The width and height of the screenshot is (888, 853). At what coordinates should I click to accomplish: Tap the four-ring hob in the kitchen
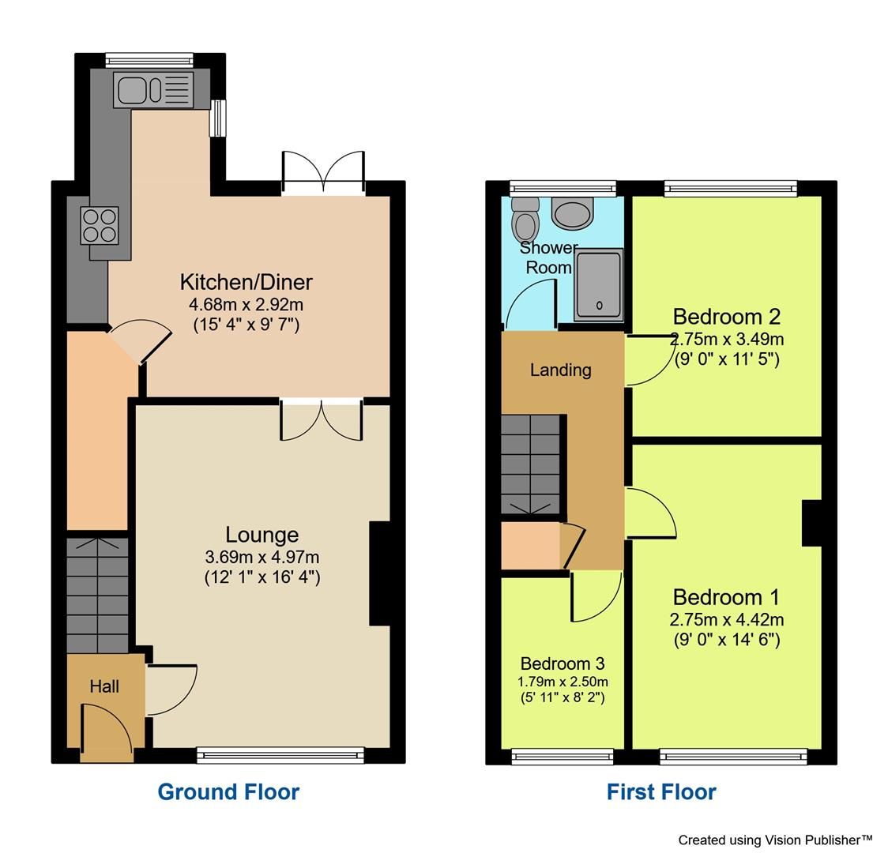99,224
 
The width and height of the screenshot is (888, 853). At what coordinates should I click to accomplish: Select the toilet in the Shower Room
523,220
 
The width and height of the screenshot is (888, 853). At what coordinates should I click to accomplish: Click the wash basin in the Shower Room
572,212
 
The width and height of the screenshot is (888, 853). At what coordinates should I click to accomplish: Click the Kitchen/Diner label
246,282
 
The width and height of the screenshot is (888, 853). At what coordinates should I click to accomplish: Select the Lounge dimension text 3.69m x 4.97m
262,557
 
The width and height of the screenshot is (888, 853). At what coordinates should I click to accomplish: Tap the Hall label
104,686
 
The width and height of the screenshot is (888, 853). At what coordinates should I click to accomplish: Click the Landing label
560,370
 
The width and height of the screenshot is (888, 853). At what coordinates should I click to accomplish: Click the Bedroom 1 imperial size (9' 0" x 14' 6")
726,640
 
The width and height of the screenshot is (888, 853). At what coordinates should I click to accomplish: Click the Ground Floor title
228,791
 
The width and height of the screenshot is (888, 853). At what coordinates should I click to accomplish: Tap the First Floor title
661,791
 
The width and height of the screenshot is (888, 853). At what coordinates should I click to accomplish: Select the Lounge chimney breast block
380,574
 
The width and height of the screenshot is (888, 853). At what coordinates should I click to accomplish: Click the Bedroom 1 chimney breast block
811,523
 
